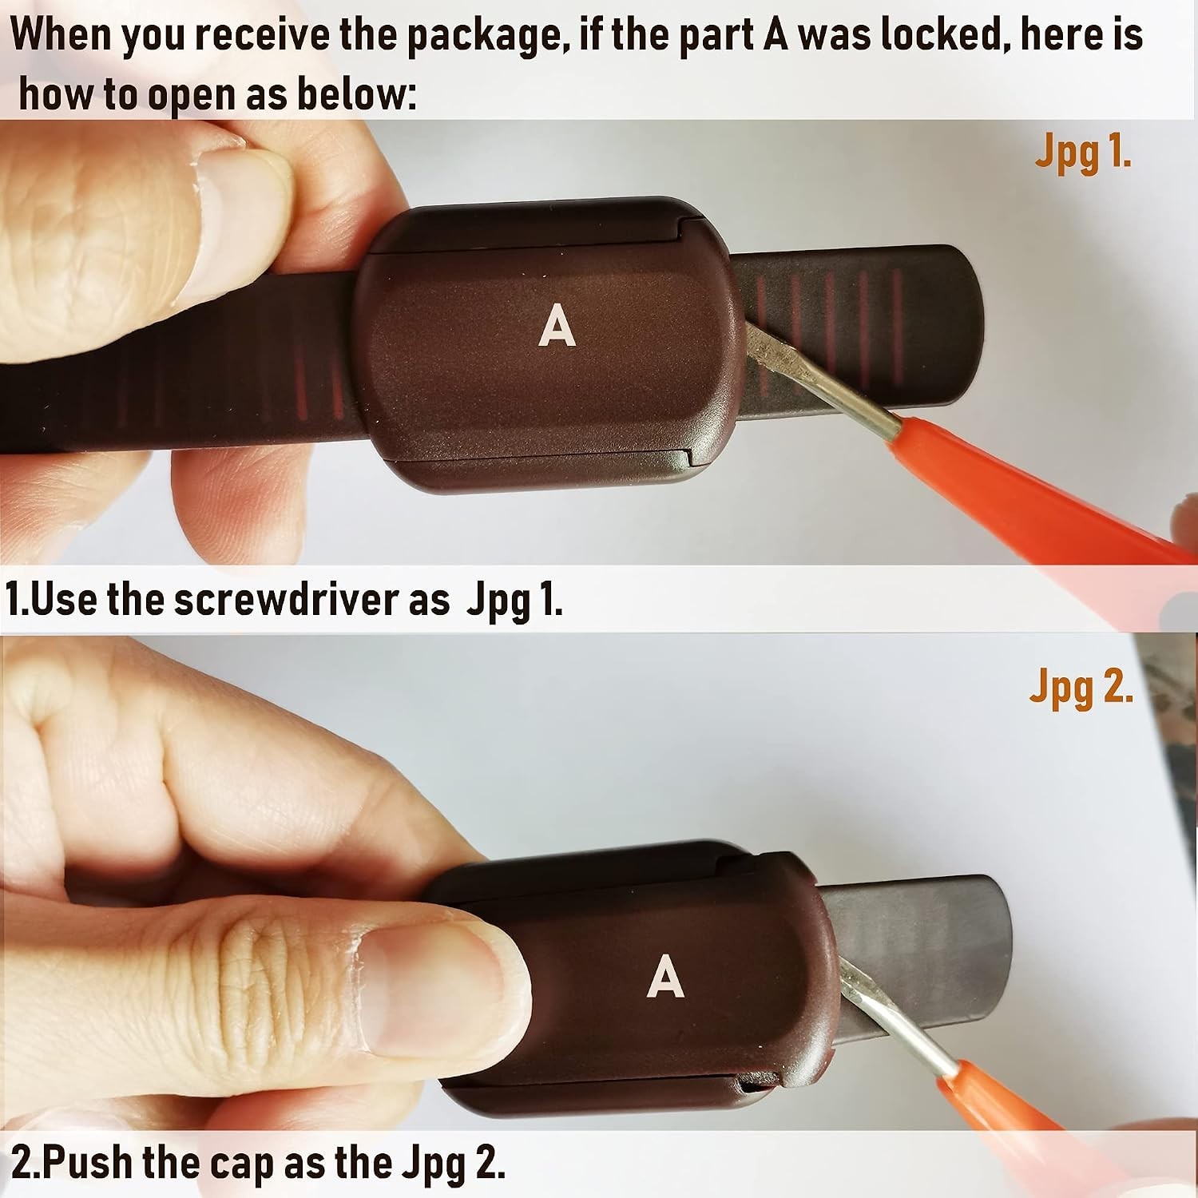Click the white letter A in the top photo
(x=557, y=327)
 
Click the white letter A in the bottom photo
(x=666, y=977)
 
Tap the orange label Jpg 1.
(x=1083, y=152)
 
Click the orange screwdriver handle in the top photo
(x=1038, y=487)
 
